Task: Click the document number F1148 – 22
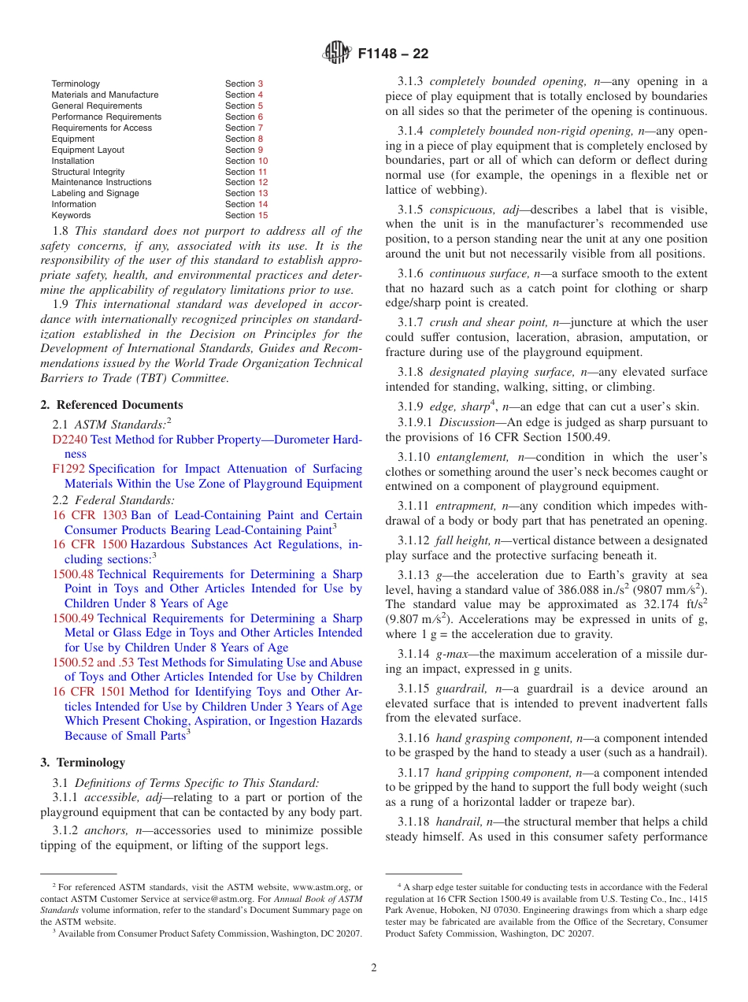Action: click(x=393, y=54)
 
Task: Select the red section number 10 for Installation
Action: click(x=263, y=161)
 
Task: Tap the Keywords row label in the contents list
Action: click(x=71, y=215)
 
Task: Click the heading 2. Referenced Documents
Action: click(x=112, y=405)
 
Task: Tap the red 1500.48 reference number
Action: click(x=72, y=574)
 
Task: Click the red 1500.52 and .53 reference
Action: click(x=93, y=662)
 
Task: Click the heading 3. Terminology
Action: click(x=83, y=763)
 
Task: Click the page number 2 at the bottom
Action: click(x=374, y=968)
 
